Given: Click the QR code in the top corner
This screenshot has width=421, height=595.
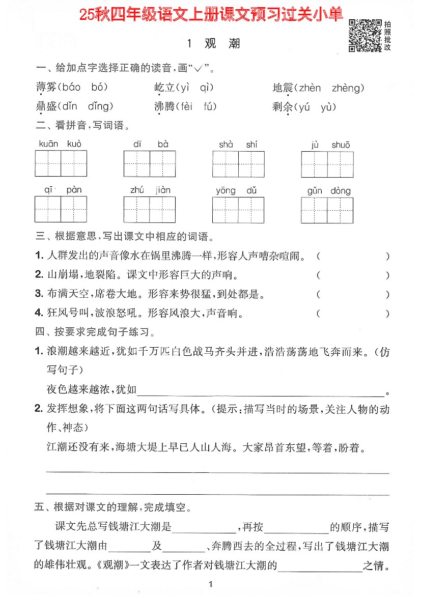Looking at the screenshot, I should [364, 36].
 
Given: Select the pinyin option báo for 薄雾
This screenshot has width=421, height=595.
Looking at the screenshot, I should [70, 88].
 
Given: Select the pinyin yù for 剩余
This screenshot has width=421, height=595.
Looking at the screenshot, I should [342, 107].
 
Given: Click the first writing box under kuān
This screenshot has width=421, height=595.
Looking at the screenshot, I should [48, 163].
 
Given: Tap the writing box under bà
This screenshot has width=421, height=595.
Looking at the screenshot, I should [163, 163].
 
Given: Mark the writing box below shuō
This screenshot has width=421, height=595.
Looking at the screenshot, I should [341, 164].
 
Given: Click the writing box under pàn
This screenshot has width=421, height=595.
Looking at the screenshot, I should [74, 210].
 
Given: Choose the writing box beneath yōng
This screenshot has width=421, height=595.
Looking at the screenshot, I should [226, 210].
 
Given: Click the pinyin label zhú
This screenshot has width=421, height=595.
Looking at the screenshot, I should [137, 190].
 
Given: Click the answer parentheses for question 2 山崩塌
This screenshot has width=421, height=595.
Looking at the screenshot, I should [352, 275].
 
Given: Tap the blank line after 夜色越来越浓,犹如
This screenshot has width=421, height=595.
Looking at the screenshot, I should [261, 390].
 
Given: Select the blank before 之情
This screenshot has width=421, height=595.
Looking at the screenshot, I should [320, 565].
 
